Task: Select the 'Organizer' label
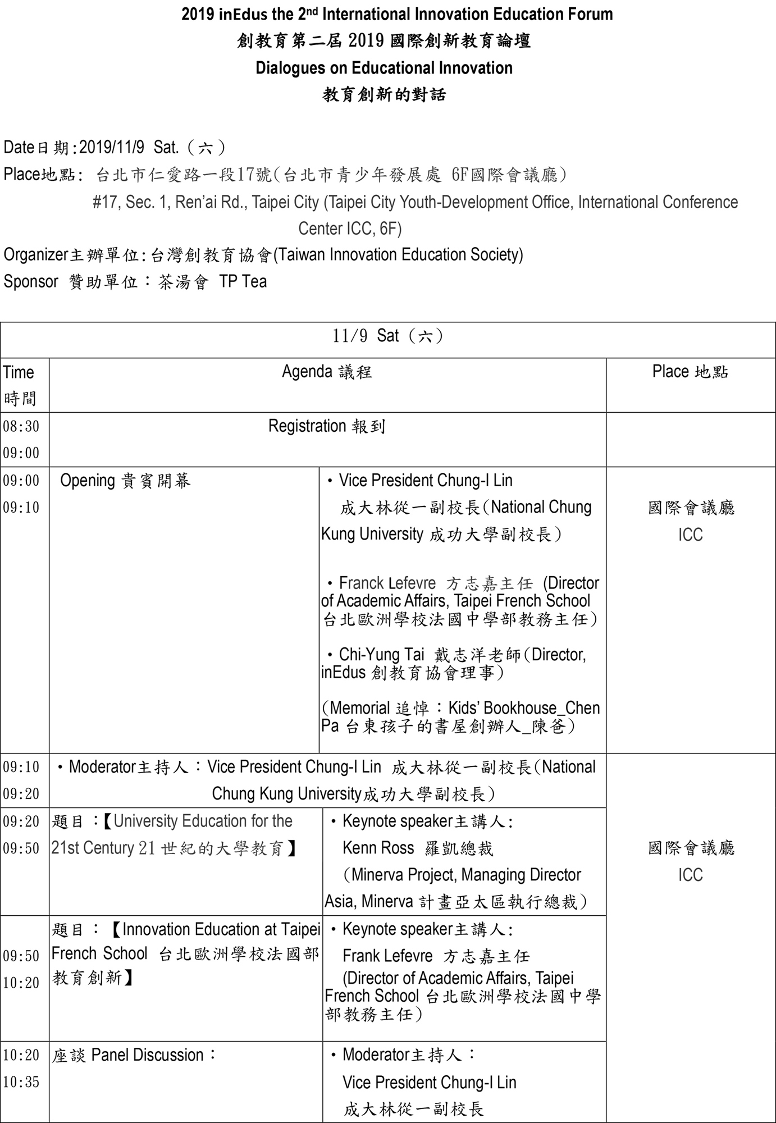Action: (x=36, y=255)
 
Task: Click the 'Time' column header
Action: (x=19, y=372)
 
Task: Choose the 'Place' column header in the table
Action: (x=670, y=372)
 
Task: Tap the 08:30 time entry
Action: (x=21, y=427)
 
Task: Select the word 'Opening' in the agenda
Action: (x=87, y=481)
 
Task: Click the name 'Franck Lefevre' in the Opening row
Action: (x=387, y=583)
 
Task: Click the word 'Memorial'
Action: (x=360, y=708)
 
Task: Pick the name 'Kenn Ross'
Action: (x=378, y=848)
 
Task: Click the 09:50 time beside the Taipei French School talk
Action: (x=21, y=956)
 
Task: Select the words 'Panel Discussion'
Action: (x=147, y=1055)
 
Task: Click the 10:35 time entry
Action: (x=21, y=1082)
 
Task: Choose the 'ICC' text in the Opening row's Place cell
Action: (x=690, y=535)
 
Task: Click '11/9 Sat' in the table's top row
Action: (x=366, y=336)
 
